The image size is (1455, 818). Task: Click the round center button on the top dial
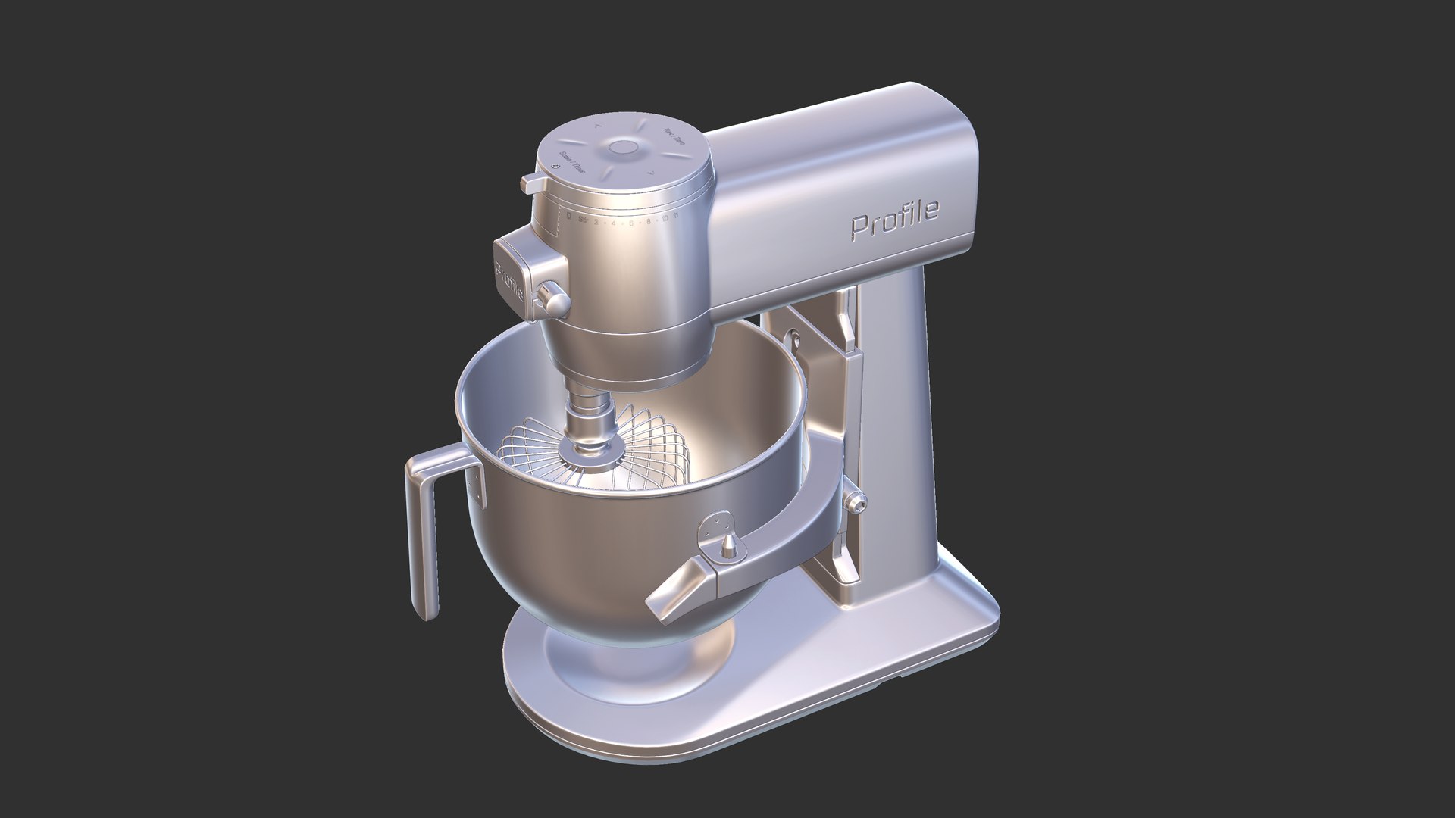pyautogui.click(x=623, y=148)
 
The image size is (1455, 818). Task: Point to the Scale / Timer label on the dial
pyautogui.click(x=573, y=162)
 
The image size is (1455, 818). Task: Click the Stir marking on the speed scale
pyautogui.click(x=583, y=220)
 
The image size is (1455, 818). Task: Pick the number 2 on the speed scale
pyautogui.click(x=596, y=221)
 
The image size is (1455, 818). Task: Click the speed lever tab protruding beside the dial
pyautogui.click(x=533, y=183)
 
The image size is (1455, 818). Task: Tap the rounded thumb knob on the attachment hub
pyautogui.click(x=555, y=298)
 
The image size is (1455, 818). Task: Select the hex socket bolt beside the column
pyautogui.click(x=856, y=500)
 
